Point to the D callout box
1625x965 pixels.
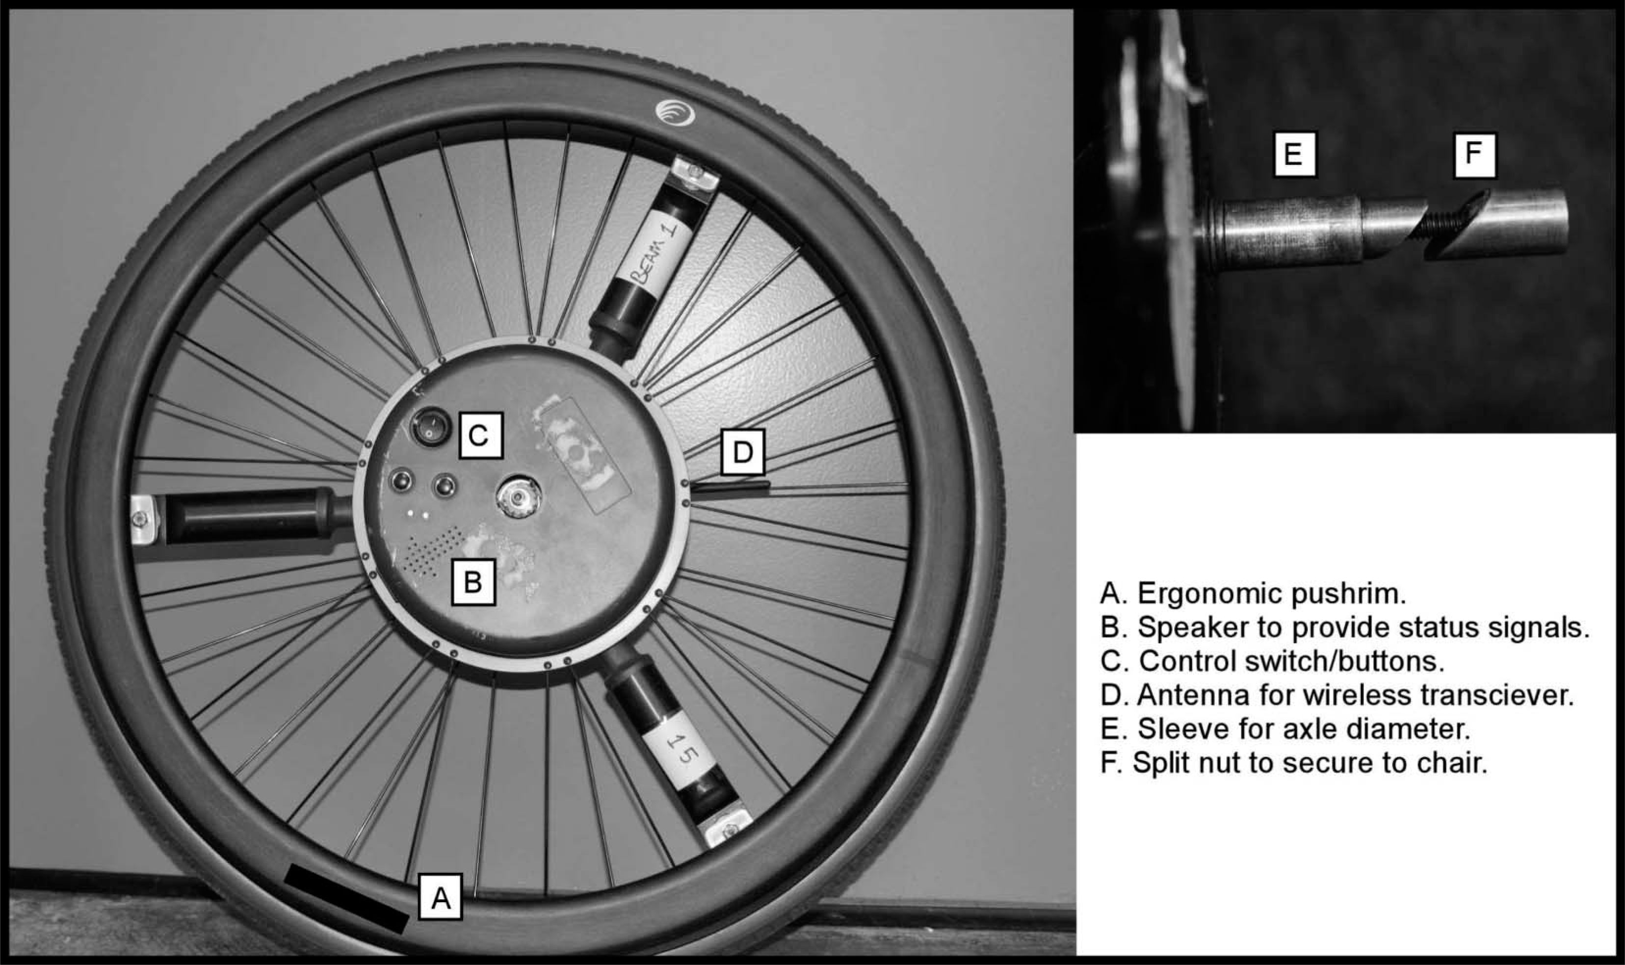[x=743, y=451]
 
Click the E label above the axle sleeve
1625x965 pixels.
[x=1294, y=155]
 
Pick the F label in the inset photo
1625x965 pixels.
[x=1475, y=155]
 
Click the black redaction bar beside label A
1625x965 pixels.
[x=346, y=898]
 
